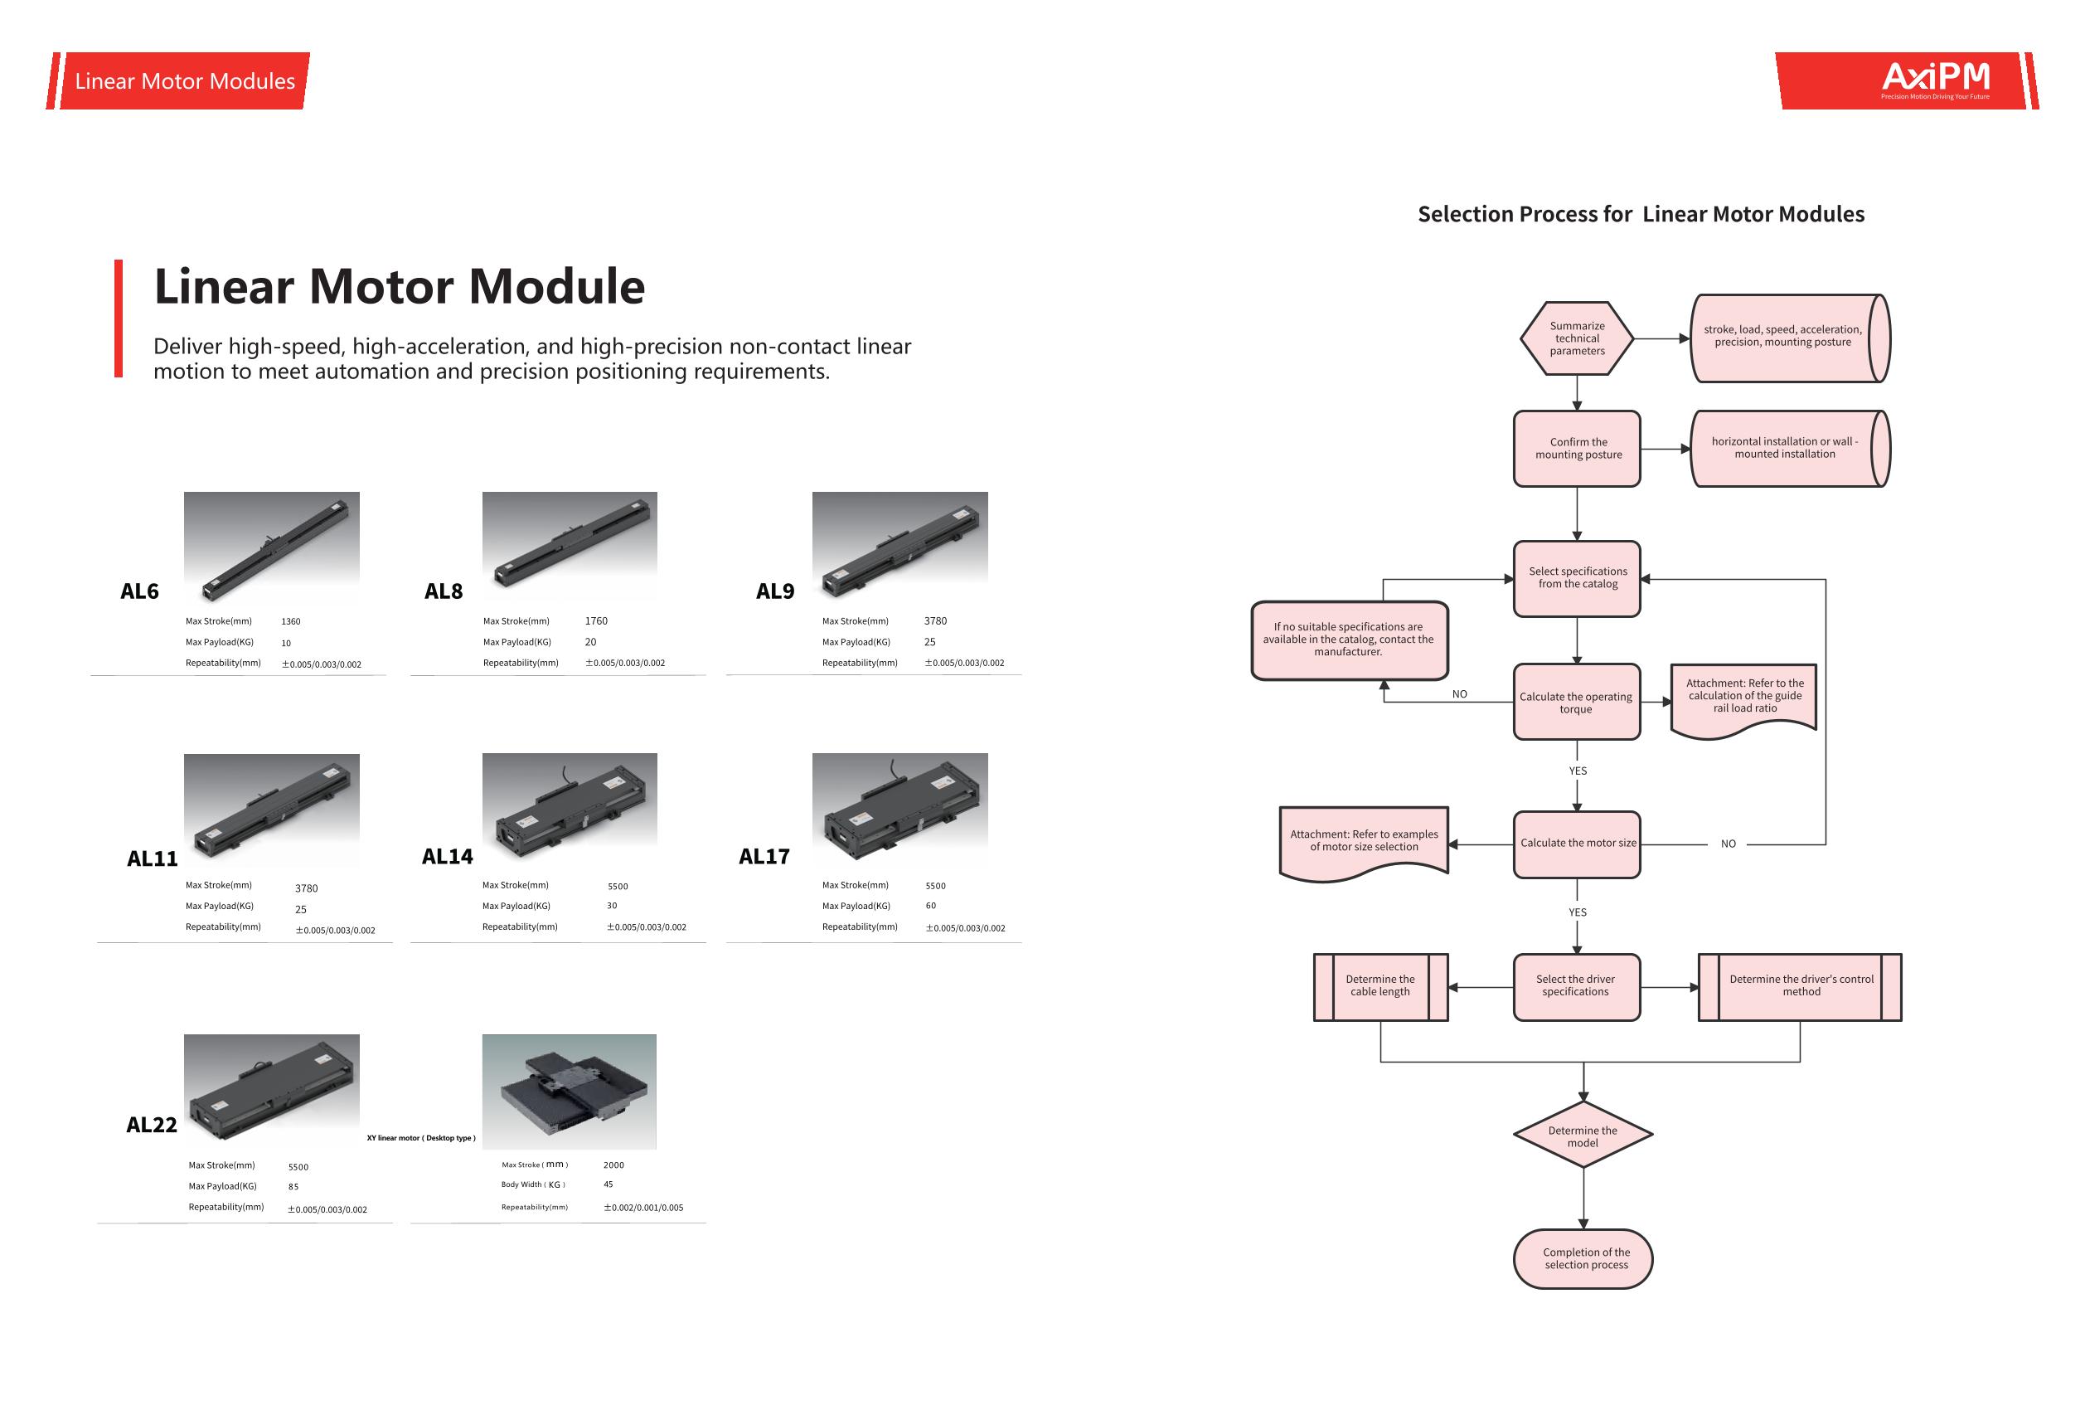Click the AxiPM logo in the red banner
point(1935,79)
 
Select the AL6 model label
point(139,591)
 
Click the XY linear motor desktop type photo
point(569,1092)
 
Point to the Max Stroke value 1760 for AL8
point(596,621)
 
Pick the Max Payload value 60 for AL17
point(930,906)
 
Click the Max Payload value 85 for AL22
point(293,1186)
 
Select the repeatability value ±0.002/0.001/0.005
point(643,1208)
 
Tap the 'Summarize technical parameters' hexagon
point(1576,338)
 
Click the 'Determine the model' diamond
point(1583,1136)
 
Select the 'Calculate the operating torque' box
point(1576,703)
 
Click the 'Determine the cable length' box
point(1379,986)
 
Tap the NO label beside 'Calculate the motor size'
point(1728,844)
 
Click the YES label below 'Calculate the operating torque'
point(1577,771)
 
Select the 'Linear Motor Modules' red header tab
point(185,80)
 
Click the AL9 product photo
point(899,548)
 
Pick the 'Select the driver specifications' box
point(1575,986)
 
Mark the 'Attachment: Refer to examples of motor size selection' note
point(1364,842)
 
